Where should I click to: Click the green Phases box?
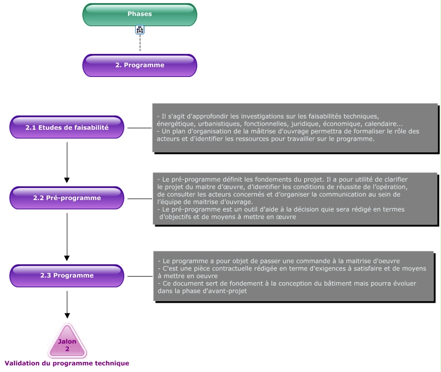coord(140,14)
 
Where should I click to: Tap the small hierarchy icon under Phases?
coord(140,30)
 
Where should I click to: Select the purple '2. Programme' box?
coord(140,65)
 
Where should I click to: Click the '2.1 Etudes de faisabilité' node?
coord(67,127)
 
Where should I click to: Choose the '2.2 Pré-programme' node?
coord(67,198)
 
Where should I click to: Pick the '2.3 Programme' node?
coord(67,276)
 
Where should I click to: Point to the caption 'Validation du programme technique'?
coord(67,363)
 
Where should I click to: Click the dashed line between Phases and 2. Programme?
coord(140,44)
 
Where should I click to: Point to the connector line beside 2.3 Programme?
coord(140,276)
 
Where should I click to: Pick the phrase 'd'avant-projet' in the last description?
coord(225,291)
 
